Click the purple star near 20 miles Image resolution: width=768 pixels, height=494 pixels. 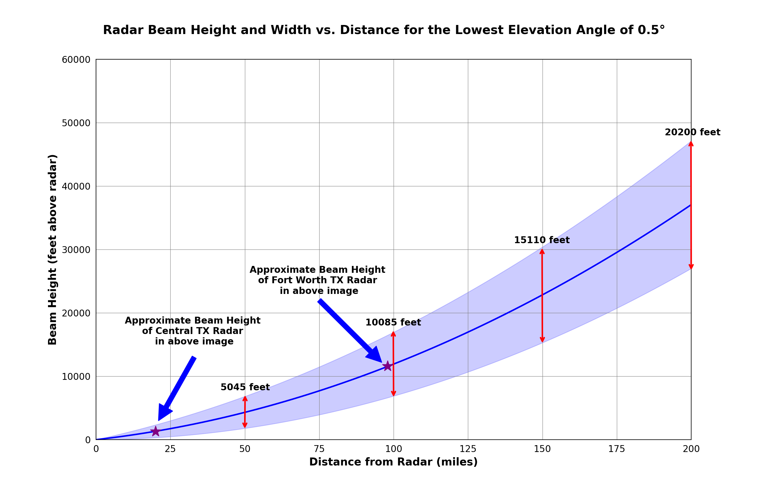click(x=156, y=431)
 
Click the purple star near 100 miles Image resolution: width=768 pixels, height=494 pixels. click(x=388, y=366)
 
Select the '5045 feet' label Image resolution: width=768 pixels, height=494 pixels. click(x=245, y=387)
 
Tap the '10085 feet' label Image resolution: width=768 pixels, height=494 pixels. click(x=393, y=322)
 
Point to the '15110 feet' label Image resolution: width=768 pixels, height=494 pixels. click(x=542, y=240)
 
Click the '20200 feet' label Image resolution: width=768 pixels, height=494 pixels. click(x=692, y=132)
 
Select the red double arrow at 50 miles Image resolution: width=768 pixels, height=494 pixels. click(x=245, y=412)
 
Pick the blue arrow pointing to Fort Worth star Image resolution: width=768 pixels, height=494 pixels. click(x=349, y=330)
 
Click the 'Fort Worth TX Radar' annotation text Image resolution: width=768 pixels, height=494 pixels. click(x=317, y=280)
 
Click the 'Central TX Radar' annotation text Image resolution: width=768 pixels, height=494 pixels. click(x=193, y=331)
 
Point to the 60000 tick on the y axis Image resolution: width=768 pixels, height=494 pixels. click(x=76, y=60)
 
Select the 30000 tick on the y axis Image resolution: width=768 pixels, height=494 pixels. click(x=76, y=249)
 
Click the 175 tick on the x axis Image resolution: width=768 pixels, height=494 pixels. click(x=617, y=449)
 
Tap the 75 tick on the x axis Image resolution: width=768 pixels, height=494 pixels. click(x=319, y=449)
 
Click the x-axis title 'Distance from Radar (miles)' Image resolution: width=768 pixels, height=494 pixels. click(x=393, y=462)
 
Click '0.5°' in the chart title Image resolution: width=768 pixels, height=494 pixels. click(x=651, y=30)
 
